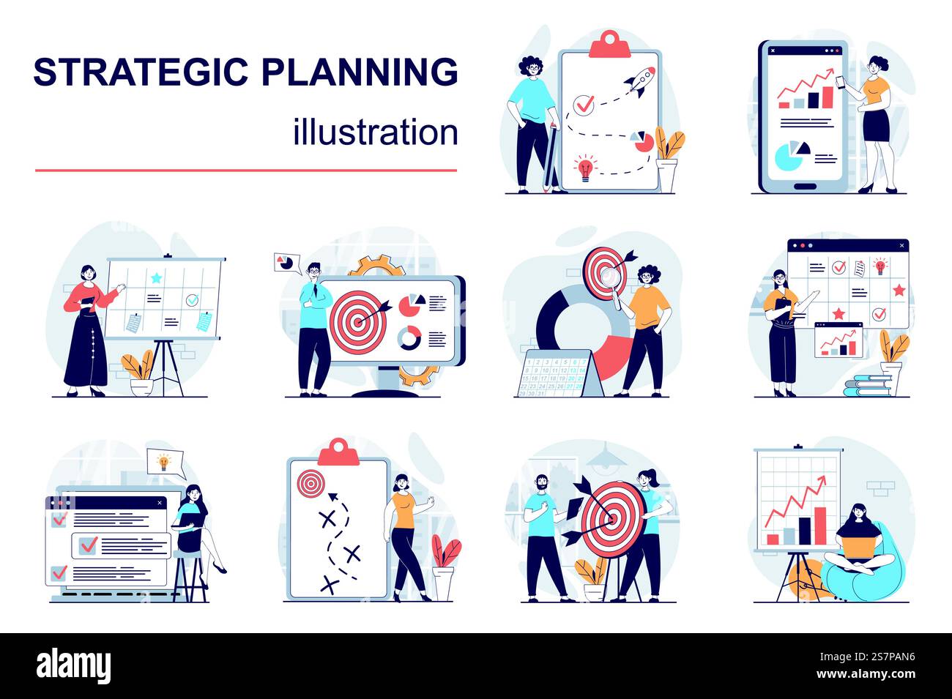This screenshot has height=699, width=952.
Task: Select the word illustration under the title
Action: [x=376, y=132]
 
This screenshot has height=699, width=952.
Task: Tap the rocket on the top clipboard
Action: [x=639, y=81]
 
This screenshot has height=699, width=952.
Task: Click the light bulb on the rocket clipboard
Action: [x=584, y=167]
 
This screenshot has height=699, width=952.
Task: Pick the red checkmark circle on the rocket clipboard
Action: [x=584, y=105]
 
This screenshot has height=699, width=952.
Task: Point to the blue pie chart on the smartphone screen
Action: [x=789, y=156]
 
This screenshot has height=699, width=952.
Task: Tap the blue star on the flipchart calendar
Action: [x=156, y=277]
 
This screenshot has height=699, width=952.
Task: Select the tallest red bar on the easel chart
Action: [x=820, y=526]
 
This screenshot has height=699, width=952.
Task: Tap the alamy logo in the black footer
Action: [x=74, y=666]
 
